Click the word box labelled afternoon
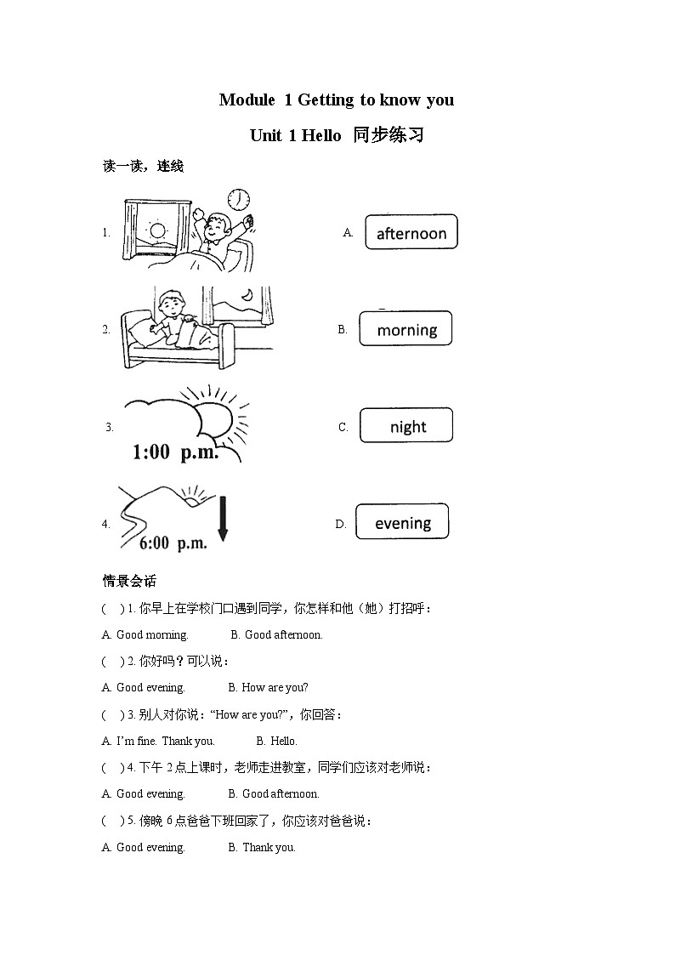411,232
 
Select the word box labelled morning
406,329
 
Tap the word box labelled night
406,426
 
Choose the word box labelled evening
402,522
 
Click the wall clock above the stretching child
239,199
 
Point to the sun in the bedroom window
156,230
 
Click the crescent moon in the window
246,294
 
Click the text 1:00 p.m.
176,452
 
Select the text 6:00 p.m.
173,543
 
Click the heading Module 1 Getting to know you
337,99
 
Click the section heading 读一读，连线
143,167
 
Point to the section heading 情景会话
129,582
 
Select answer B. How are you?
269,687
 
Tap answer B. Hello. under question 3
277,741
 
